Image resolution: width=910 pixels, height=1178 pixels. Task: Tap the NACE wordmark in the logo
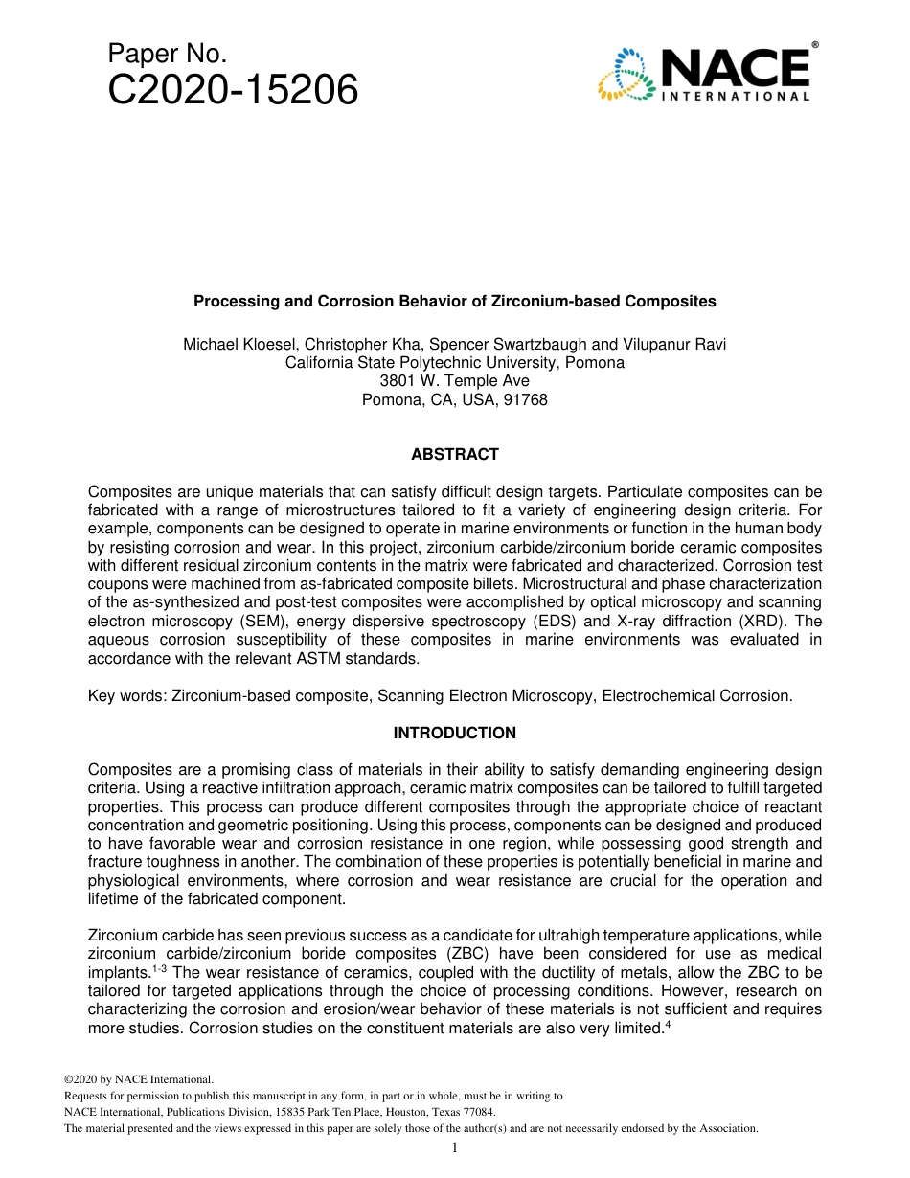pyautogui.click(x=736, y=69)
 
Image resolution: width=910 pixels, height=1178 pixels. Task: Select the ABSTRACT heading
pyautogui.click(x=454, y=454)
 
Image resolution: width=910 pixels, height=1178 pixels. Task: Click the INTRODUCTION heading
pyautogui.click(x=454, y=733)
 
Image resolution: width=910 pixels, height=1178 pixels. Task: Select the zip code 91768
pyautogui.click(x=527, y=399)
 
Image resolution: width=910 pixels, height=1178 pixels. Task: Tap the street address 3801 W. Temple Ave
pyautogui.click(x=454, y=381)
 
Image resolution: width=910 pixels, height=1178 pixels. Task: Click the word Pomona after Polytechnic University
pyautogui.click(x=595, y=363)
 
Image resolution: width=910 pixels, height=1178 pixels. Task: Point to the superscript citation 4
pyautogui.click(x=667, y=1025)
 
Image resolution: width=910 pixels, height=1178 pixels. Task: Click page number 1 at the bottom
pyautogui.click(x=454, y=1147)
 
